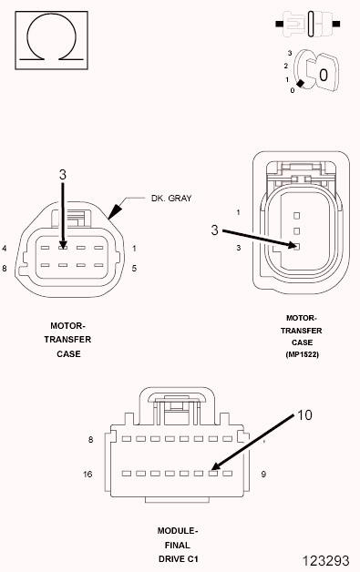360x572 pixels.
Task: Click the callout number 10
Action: [303, 415]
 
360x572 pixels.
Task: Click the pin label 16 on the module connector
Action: [87, 475]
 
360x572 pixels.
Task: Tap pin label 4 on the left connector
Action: [5, 248]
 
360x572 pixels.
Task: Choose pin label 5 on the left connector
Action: [133, 268]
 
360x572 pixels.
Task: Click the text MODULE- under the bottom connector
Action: [178, 529]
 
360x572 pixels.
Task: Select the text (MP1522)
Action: [302, 353]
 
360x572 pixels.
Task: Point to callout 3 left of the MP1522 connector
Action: [214, 230]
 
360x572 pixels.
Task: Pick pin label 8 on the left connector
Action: [5, 268]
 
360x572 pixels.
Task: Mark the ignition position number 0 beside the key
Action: [292, 90]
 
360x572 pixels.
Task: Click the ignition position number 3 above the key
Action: [288, 54]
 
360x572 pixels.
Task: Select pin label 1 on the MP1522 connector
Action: [238, 212]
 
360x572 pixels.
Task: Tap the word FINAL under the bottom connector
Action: [178, 544]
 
